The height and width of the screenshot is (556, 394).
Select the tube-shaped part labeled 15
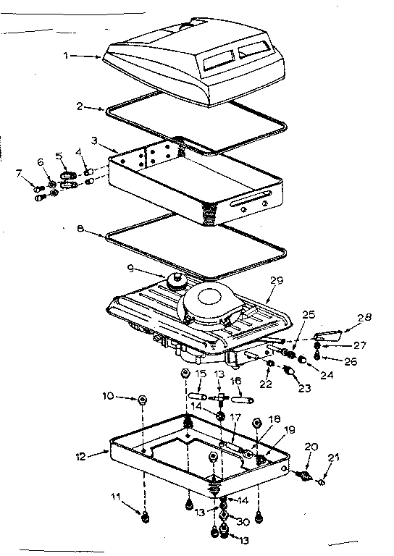[198, 397]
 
